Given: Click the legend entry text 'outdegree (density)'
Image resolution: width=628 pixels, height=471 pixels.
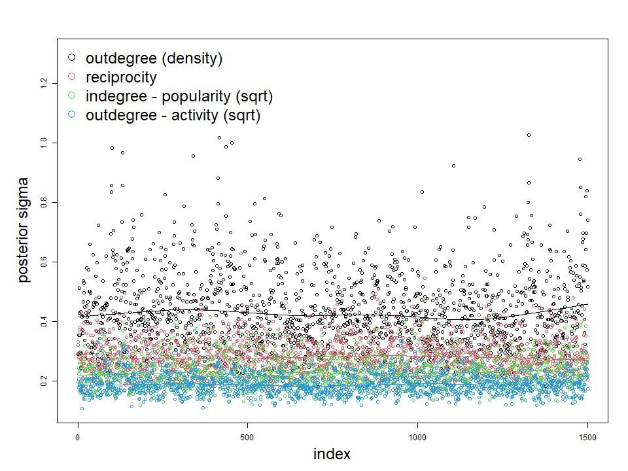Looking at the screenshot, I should tap(154, 58).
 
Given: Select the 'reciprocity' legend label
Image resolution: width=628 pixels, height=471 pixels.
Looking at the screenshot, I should tap(121, 77).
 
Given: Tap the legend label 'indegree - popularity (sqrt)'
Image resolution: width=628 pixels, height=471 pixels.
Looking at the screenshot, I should tap(179, 96).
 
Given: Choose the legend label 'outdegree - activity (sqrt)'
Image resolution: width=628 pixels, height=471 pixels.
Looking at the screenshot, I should tap(173, 116).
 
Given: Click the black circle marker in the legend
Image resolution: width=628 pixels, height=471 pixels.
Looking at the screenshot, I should tap(73, 58).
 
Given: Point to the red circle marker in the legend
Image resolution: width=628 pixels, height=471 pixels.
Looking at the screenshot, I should tap(73, 77).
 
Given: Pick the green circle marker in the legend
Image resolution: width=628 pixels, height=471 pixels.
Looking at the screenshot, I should tap(73, 96).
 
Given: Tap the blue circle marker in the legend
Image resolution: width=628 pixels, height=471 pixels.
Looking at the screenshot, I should tap(73, 116).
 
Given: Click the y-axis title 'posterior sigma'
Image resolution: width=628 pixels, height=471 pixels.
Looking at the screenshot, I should tap(24, 230).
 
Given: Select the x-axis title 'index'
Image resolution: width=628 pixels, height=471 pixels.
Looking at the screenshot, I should tap(332, 454).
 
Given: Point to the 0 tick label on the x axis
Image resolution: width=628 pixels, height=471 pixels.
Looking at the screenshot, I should tap(78, 436).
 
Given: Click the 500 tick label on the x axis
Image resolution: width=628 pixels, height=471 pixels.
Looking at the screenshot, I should tap(247, 436).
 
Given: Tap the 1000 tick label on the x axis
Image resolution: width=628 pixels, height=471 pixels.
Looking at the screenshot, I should tap(417, 436).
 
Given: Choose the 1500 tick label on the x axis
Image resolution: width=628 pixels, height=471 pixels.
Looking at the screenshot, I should tap(587, 436).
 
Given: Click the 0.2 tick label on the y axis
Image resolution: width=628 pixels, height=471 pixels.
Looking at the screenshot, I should tap(44, 381).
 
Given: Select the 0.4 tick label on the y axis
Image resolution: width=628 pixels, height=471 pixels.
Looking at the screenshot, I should tap(44, 321).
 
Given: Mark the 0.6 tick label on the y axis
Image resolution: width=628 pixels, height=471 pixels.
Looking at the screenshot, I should tap(44, 262).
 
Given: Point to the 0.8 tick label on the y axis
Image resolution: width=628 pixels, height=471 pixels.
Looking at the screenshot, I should tap(44, 202).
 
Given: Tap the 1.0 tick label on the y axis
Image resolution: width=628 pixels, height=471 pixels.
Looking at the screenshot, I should tap(44, 143).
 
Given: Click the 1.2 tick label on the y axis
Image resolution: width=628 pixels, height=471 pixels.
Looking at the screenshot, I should tap(44, 83).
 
